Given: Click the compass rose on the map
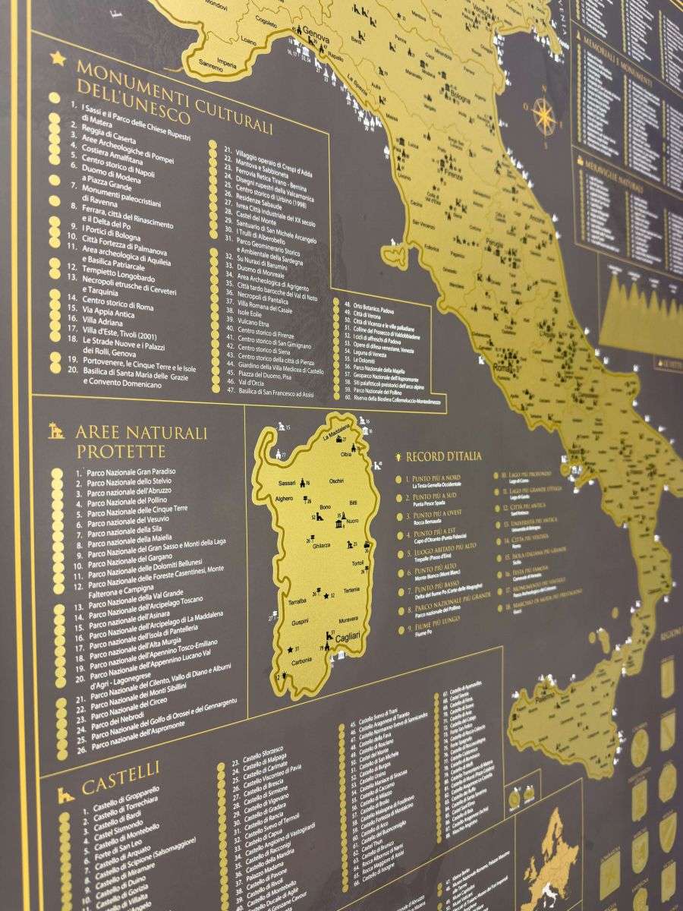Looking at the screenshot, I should click(x=543, y=115).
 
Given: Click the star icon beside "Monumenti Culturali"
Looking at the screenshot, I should click(x=58, y=58).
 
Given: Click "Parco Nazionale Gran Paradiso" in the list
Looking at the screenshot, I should click(x=130, y=471).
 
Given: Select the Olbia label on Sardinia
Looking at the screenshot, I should click(x=346, y=454).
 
